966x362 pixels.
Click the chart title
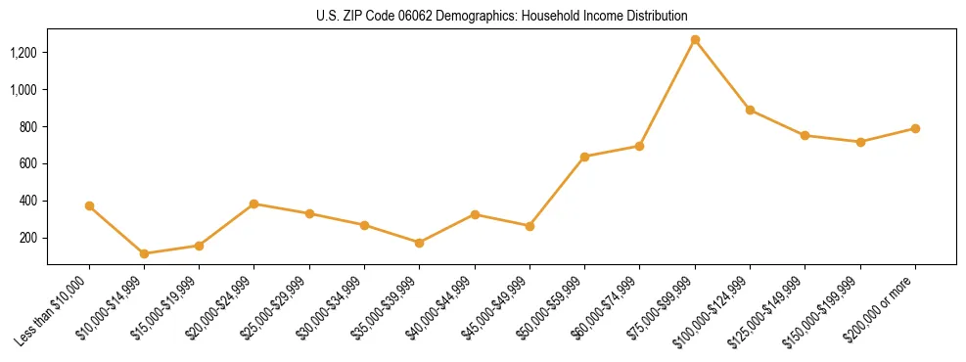(501, 16)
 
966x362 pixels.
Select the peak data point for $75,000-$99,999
(695, 40)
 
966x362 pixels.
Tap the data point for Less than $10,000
(89, 206)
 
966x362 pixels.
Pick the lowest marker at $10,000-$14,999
(144, 253)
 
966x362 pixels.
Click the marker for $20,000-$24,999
(254, 204)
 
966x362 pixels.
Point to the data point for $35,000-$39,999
(419, 243)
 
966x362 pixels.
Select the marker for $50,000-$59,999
(584, 157)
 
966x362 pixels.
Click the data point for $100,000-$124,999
(750, 110)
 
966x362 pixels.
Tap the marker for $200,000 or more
(915, 128)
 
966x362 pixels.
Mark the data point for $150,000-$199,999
(860, 142)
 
